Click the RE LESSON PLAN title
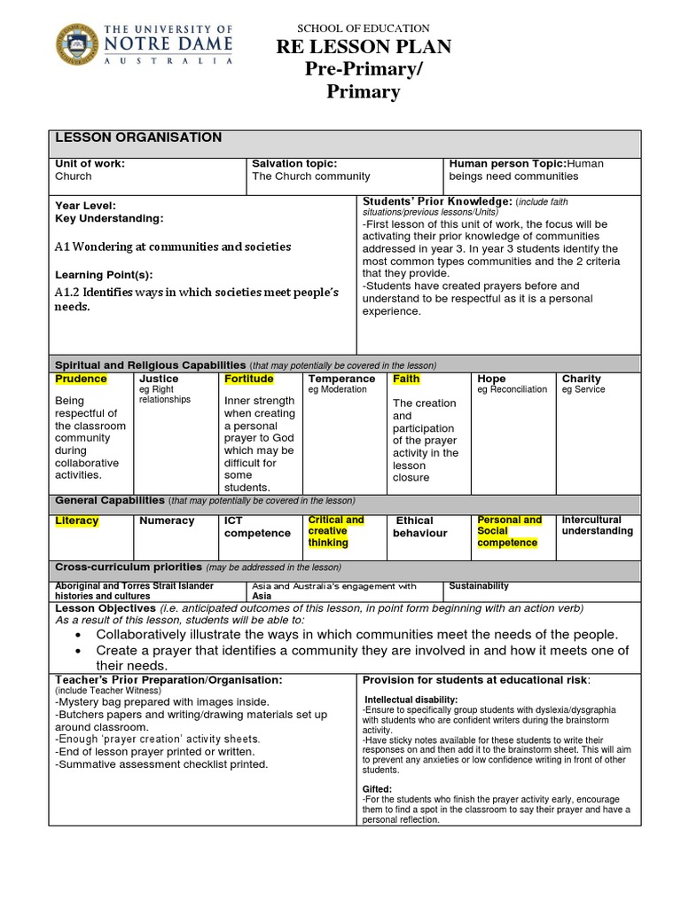tap(364, 48)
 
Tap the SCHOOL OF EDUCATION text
tap(364, 28)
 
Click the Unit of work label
tap(90, 163)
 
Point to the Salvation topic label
tap(294, 163)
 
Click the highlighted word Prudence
tap(81, 379)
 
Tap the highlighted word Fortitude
tap(248, 379)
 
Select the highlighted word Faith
tap(406, 379)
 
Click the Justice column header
tap(159, 379)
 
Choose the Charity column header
tap(581, 379)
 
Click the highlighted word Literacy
tap(77, 521)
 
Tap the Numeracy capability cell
tap(167, 521)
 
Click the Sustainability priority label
tap(479, 586)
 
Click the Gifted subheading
tap(377, 788)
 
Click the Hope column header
tap(491, 379)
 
